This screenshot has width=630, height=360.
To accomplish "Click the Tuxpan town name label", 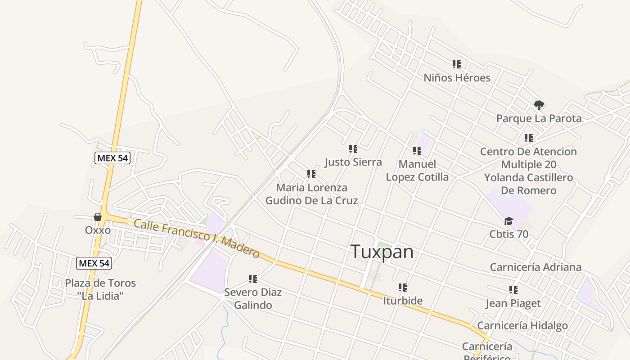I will (x=382, y=252).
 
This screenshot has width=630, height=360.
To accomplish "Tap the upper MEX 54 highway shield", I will (x=112, y=158).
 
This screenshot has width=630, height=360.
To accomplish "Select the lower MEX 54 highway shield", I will (x=94, y=263).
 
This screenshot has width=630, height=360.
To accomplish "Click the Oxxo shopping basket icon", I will (x=98, y=217).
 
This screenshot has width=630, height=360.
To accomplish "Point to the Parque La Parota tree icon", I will (x=539, y=106).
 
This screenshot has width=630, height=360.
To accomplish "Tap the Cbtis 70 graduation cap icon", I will (x=508, y=221).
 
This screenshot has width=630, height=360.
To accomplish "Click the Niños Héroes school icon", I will (x=457, y=65).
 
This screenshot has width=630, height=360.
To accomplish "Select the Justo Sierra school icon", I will (x=353, y=149).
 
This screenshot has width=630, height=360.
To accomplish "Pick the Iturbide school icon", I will (x=403, y=288).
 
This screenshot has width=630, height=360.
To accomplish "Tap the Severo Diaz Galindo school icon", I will (x=253, y=279).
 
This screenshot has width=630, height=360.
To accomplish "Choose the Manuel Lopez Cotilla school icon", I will (x=417, y=151).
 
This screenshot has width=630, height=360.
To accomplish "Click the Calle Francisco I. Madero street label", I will (x=197, y=238).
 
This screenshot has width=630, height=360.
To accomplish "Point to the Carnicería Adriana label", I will (x=535, y=267).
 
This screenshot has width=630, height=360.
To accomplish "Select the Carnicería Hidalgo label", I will (x=522, y=326).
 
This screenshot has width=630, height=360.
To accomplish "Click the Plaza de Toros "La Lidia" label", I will (x=100, y=289).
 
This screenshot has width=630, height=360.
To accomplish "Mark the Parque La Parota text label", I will (x=539, y=119).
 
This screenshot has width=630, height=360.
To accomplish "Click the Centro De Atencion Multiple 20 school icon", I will (x=529, y=139).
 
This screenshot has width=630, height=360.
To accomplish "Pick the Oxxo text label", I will (x=98, y=230).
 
